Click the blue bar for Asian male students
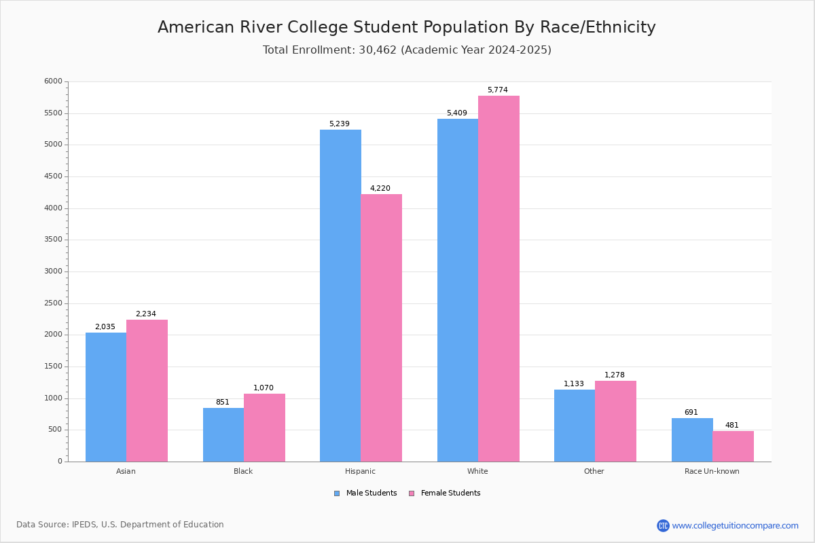point(106,397)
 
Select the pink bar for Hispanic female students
point(381,328)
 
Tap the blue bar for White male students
point(458,291)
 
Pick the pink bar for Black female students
point(264,428)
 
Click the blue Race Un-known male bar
point(692,440)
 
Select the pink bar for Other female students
point(615,421)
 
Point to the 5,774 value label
point(497,90)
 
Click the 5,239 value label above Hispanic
point(340,124)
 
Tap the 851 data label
point(223,402)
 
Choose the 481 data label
point(731,426)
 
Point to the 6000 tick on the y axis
point(54,81)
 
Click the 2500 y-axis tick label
point(54,303)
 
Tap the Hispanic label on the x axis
point(360,471)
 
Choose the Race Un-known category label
point(712,471)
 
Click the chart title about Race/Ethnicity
point(407,27)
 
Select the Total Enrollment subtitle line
point(407,50)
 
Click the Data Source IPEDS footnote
point(120,525)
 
